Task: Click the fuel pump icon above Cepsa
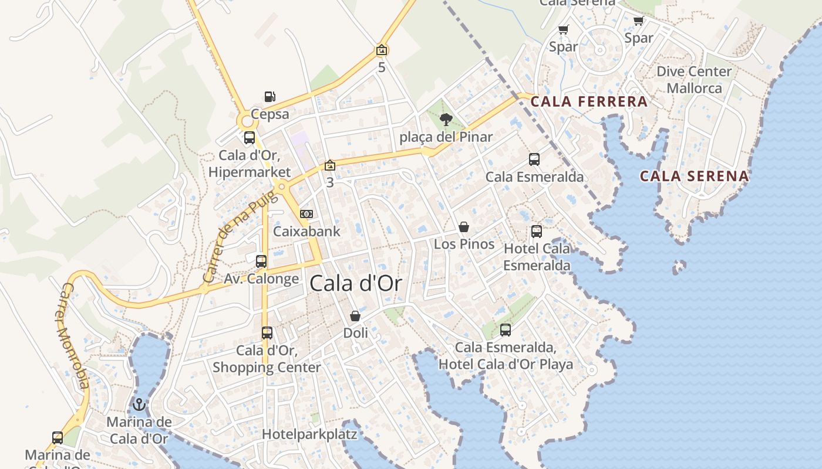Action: (269, 97)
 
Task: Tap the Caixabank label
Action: (306, 231)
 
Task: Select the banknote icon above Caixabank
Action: (306, 214)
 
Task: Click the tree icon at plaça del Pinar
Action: (446, 120)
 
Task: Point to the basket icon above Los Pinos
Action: (464, 227)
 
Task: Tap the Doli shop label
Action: (356, 333)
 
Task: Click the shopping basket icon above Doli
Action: (355, 317)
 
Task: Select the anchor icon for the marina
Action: (139, 405)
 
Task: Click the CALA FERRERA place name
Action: (589, 101)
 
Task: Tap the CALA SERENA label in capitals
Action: (694, 176)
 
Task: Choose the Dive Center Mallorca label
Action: (694, 80)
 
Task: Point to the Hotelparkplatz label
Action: (309, 434)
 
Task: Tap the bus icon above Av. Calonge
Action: (261, 261)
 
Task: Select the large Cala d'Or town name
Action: (356, 284)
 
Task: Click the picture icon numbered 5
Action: (382, 50)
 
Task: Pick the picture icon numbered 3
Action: (330, 166)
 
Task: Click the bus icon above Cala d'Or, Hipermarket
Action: (250, 138)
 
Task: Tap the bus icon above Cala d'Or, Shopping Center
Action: (267, 333)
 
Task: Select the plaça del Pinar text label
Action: (446, 137)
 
